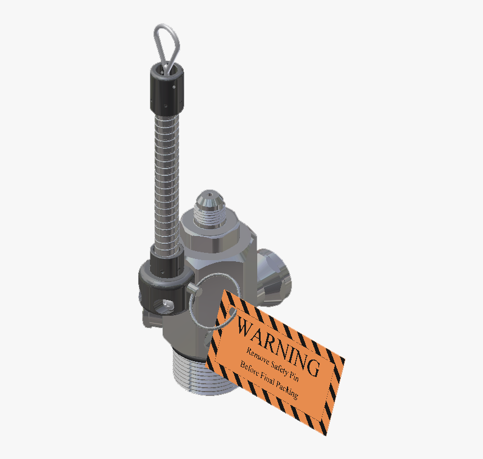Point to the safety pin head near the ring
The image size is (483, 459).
coord(194,289)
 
